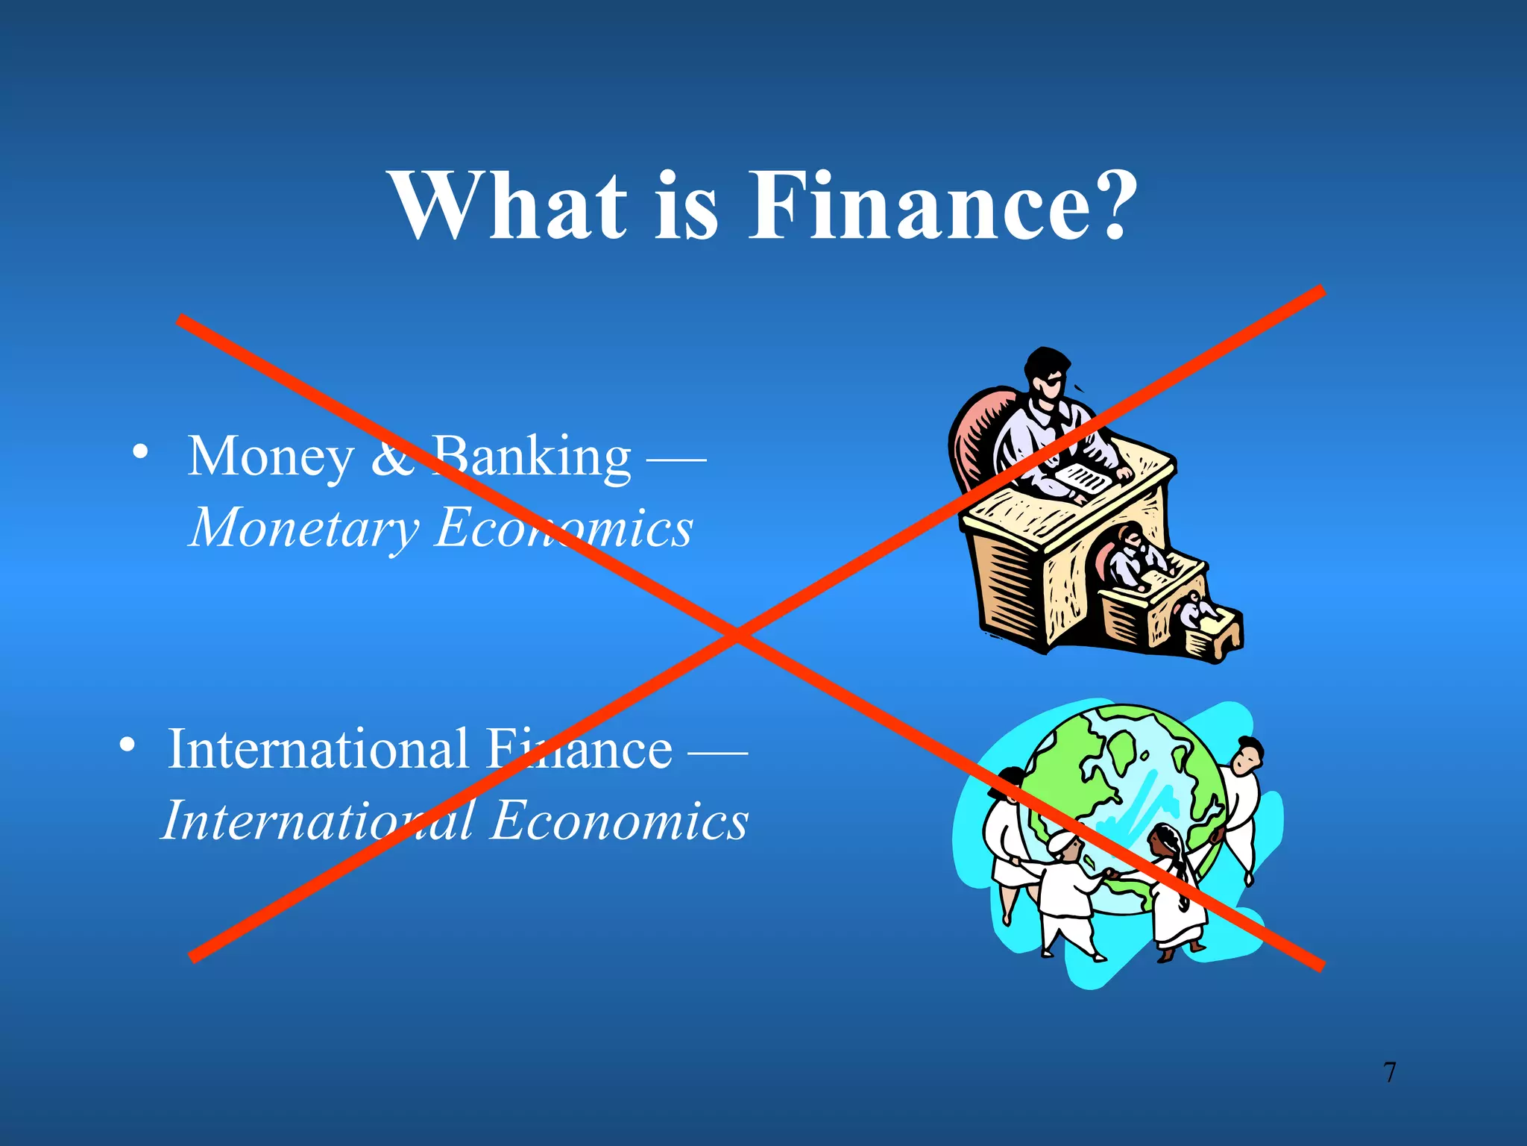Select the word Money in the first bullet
pyautogui.click(x=271, y=457)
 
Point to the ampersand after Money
pyautogui.click(x=392, y=457)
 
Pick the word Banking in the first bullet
pyautogui.click(x=532, y=457)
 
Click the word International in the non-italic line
pyautogui.click(x=318, y=748)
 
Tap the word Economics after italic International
pyautogui.click(x=620, y=820)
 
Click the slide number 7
pyautogui.click(x=1389, y=1072)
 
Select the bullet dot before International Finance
pyautogui.click(x=127, y=744)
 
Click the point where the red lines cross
pyautogui.click(x=737, y=635)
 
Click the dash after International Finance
pyautogui.click(x=717, y=751)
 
